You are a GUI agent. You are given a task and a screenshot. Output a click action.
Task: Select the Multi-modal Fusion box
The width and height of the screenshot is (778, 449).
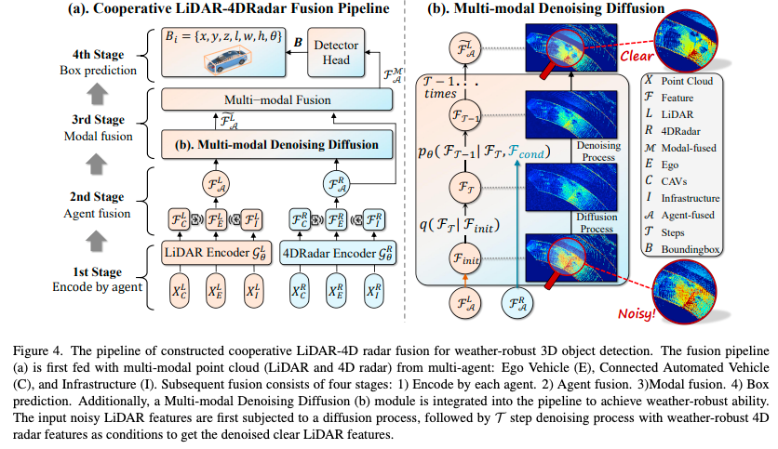[271, 99]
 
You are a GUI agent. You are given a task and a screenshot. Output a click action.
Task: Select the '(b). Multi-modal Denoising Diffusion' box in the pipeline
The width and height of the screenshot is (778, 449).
[271, 144]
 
